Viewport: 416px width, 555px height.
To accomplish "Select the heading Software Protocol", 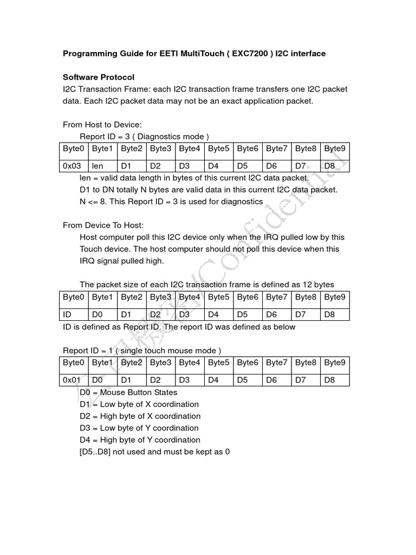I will pos(99,78).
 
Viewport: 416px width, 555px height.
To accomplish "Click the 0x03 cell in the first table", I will pos(71,166).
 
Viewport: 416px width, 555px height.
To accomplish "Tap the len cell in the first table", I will pos(97,166).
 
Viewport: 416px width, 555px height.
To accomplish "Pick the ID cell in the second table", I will pos(67,314).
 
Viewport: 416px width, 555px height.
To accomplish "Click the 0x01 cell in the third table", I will pos(71,380).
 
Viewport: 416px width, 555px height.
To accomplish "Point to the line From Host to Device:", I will pos(102,125).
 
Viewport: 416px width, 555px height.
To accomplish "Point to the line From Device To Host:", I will pos(103,225).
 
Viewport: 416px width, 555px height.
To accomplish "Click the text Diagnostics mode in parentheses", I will pos(172,136).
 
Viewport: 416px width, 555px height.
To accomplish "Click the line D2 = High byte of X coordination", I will pos(140,416).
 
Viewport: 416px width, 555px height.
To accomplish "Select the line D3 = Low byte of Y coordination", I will pos(139,428).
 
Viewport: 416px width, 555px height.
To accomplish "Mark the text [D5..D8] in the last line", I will pos(96,451).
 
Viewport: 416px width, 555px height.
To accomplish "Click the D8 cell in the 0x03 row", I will pos(329,166).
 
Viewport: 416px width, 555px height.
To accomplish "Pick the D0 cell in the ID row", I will pos(97,314).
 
